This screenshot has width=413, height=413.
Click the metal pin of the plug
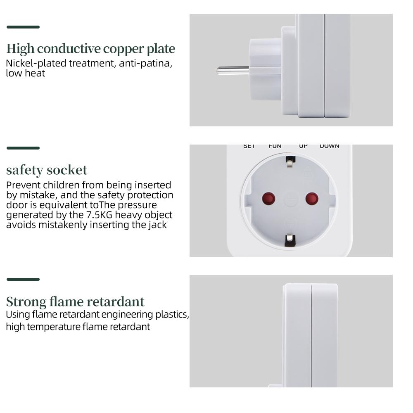233,70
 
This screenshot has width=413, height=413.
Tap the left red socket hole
268,199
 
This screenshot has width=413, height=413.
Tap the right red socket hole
312,199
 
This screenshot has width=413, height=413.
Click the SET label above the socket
249,146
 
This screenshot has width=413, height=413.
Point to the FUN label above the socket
275,146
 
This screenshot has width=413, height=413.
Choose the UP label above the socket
303,146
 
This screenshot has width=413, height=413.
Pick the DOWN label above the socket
329,146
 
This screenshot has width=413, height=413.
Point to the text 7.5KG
99,215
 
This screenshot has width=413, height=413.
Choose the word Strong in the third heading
26,301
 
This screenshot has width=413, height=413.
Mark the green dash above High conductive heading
23,27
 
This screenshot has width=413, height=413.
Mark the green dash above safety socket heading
23,148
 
